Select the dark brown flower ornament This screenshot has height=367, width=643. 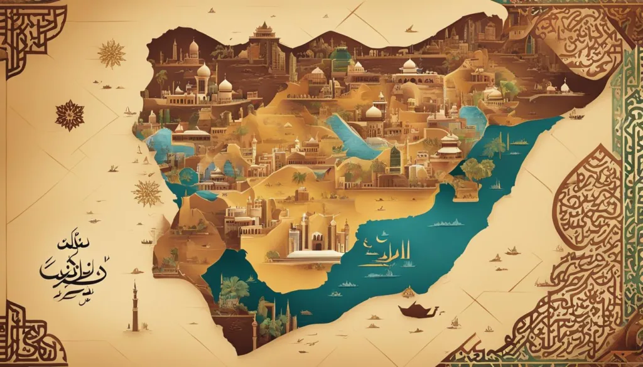(69, 115)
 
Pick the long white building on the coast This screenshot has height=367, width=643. (313, 253)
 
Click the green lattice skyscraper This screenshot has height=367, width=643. (395, 158)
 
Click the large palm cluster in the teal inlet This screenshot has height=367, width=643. (234, 290)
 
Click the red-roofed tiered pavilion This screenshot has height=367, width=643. (450, 147)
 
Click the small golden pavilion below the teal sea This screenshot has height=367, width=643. (409, 292)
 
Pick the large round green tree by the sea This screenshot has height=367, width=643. (477, 169)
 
